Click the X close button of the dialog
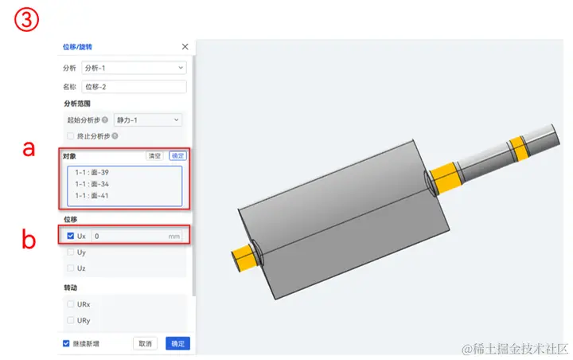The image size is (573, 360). (185, 46)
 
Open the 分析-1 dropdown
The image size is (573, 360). (134, 68)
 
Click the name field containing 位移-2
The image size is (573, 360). (134, 87)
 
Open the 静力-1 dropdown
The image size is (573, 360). (148, 120)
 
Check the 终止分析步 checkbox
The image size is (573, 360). (71, 136)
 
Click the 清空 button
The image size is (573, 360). (154, 156)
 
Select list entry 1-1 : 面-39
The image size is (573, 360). (92, 172)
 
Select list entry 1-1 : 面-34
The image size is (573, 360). (92, 184)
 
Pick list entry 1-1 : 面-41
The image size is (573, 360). (92, 196)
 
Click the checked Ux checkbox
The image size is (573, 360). (71, 236)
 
